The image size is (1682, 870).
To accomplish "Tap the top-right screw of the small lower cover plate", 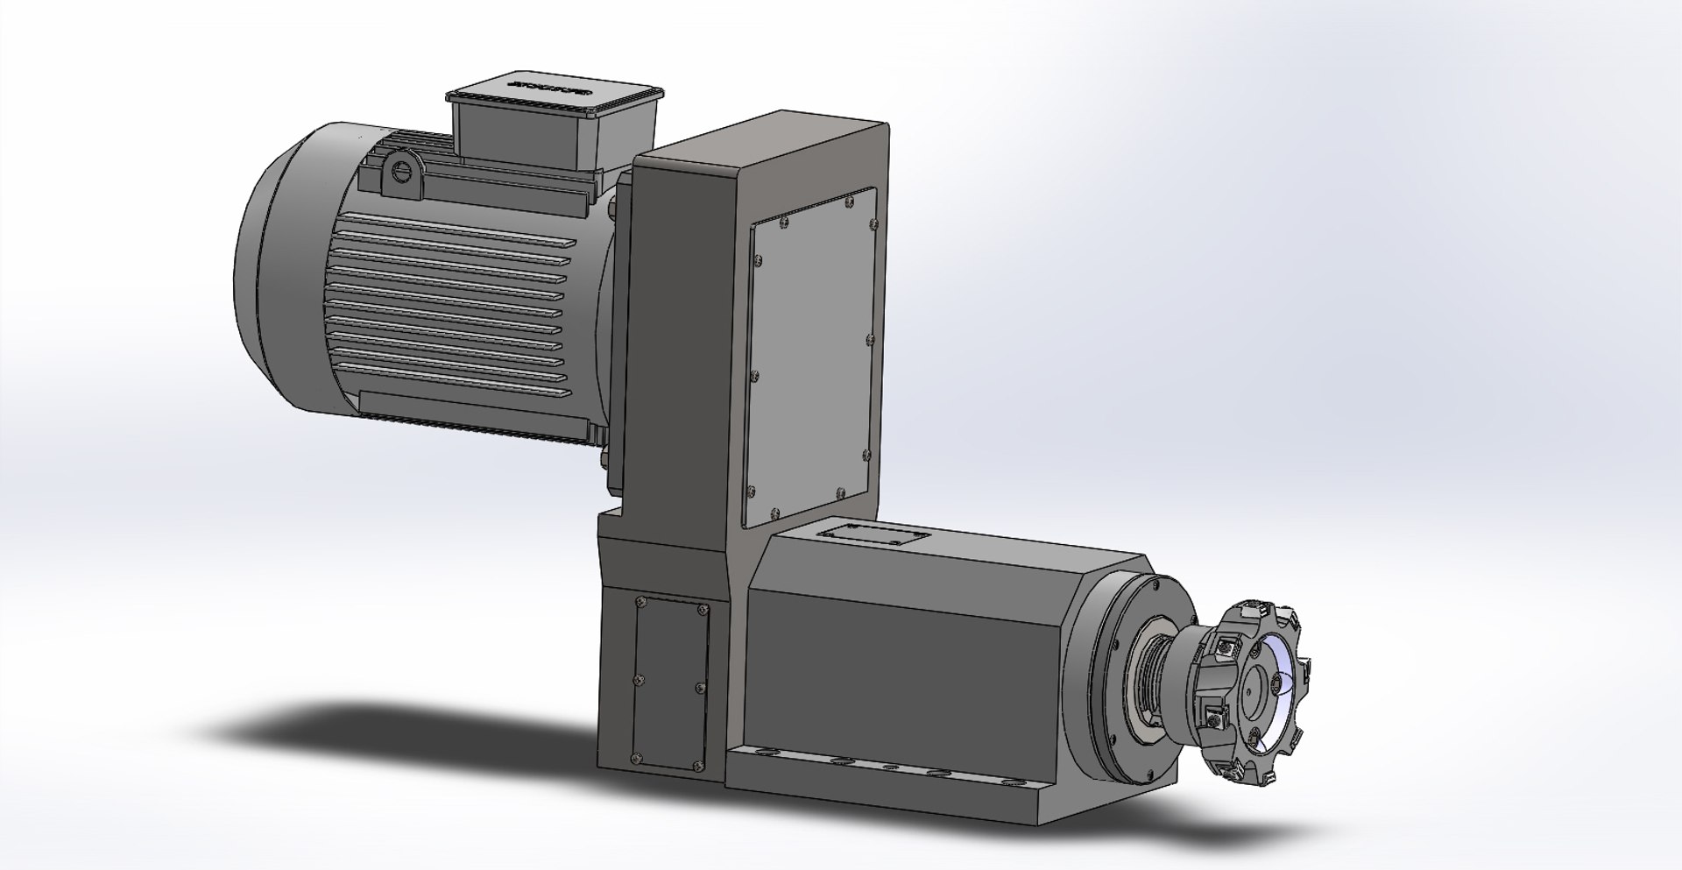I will pos(701,608).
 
